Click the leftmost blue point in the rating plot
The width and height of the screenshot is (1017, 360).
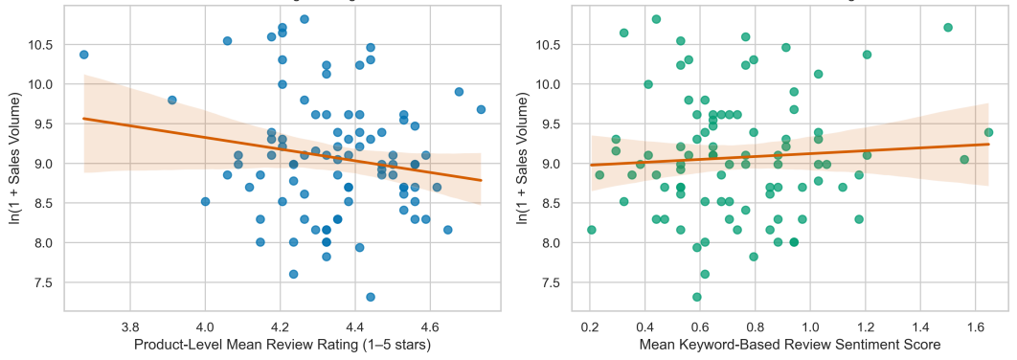83,55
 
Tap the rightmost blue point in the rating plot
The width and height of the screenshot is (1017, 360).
481,109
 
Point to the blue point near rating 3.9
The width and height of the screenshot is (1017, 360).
171,100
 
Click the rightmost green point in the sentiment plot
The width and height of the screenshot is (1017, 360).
988,132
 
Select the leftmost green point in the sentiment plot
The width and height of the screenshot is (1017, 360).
591,230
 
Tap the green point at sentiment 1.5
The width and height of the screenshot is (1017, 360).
948,27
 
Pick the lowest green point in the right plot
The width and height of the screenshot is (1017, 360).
696,297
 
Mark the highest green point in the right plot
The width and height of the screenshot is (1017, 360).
656,19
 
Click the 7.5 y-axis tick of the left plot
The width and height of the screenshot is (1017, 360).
47,282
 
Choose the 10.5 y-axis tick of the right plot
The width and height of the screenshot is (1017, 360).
550,45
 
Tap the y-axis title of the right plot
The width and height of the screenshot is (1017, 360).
522,160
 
